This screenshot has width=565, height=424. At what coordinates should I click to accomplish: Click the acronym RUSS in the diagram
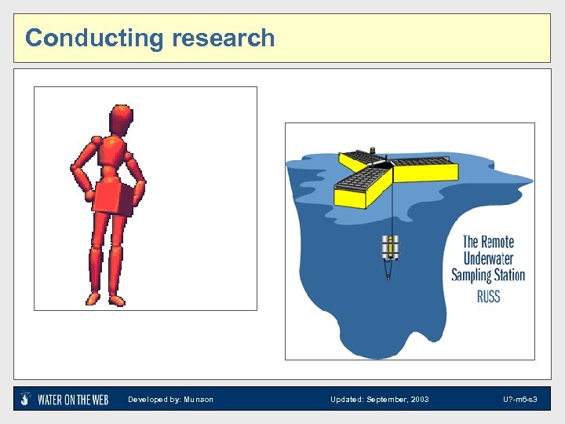488,296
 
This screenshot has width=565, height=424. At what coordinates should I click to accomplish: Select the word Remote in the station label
498,242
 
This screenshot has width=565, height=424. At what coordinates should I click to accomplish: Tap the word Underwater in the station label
488,259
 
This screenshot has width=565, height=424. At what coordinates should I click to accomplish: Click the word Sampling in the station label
471,276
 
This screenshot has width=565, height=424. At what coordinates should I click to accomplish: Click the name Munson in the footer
199,400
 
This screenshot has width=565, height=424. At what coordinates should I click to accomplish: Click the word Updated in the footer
346,400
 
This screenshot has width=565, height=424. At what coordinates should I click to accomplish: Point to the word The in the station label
470,242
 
